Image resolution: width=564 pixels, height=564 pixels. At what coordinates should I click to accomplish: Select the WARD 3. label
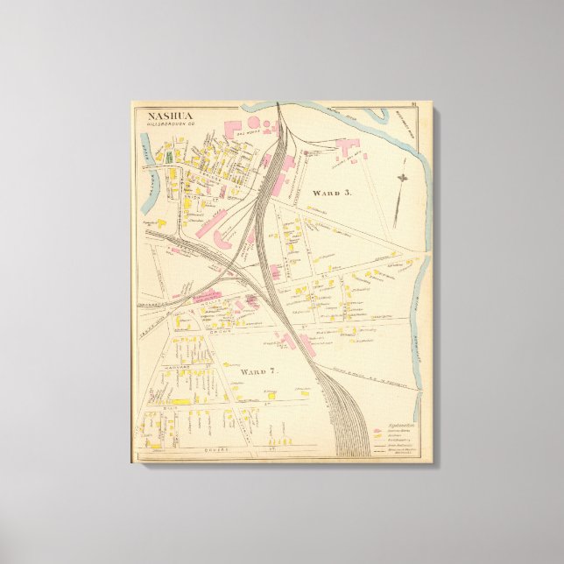pos(331,193)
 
